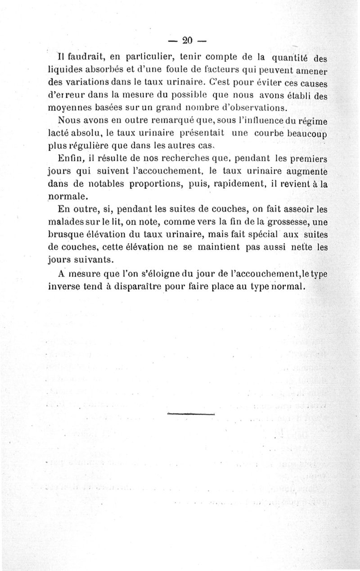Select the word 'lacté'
(61, 133)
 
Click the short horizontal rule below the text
(190, 413)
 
